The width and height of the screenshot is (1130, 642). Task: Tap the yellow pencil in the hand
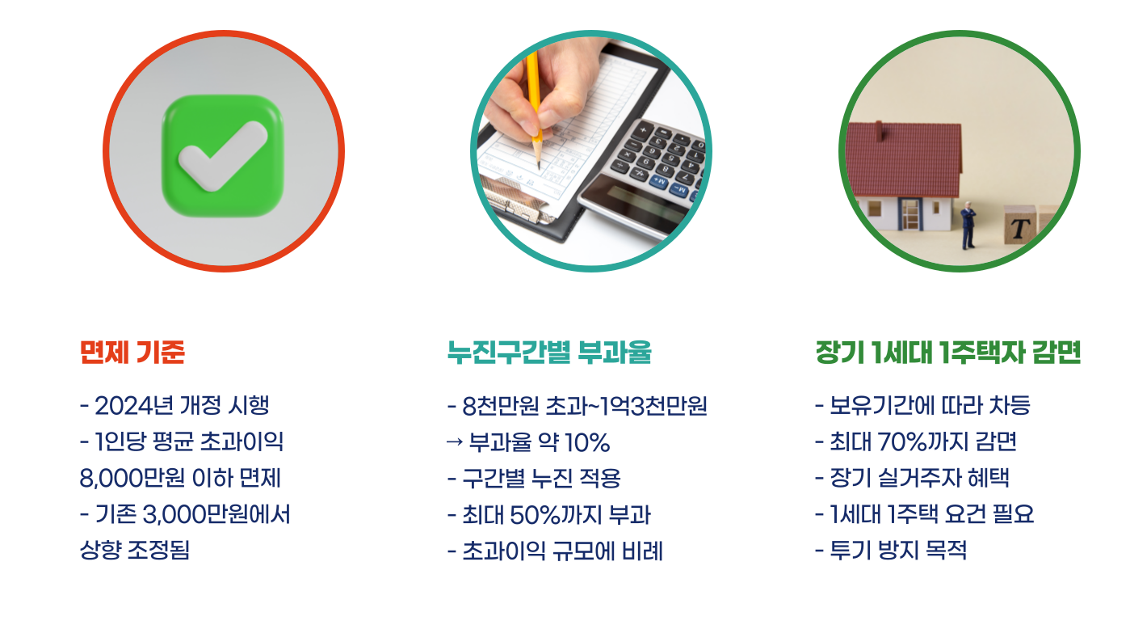(534, 97)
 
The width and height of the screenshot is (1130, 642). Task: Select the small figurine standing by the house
(968, 226)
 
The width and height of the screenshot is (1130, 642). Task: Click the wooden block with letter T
(1021, 227)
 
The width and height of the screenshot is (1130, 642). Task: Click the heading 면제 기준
(132, 353)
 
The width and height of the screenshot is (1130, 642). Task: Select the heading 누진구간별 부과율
(549, 353)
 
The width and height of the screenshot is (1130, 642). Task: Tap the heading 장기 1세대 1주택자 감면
(948, 353)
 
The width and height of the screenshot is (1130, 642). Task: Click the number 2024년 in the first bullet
(135, 405)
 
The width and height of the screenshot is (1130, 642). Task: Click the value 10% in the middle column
(587, 442)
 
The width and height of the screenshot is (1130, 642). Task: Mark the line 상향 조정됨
(135, 551)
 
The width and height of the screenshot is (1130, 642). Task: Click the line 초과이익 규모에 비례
(562, 551)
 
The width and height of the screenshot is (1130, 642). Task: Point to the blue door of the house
(909, 213)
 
